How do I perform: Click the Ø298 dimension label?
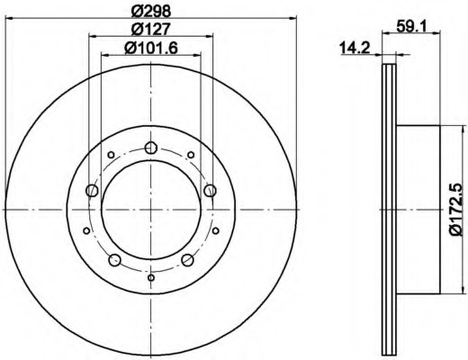click(151, 12)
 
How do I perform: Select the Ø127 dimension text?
click(151, 29)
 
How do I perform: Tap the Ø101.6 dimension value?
click(151, 48)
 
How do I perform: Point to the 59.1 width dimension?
click(411, 26)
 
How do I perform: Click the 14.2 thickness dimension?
click(355, 48)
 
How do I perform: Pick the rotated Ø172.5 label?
click(457, 209)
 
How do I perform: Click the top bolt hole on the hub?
click(151, 148)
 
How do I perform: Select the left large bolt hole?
click(92, 191)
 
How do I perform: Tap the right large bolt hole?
click(210, 191)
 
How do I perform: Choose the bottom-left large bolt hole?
click(114, 260)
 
